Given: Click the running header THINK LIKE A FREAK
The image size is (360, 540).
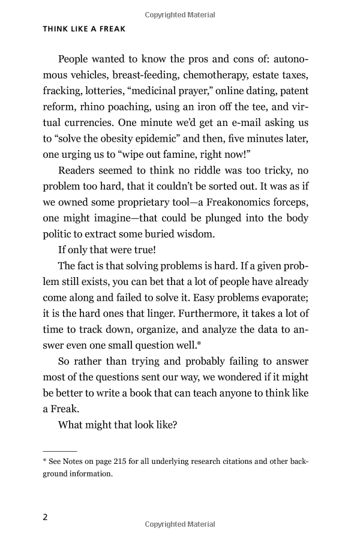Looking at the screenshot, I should pyautogui.click(x=84, y=28).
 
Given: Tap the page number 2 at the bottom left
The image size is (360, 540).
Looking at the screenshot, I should pyautogui.click(x=46, y=517).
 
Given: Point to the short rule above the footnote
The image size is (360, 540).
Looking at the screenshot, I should pyautogui.click(x=59, y=450).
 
